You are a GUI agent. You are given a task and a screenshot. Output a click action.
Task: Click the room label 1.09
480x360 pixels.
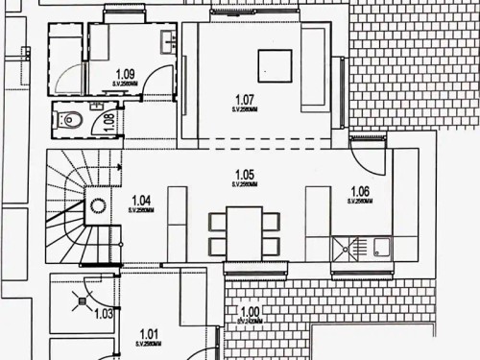[125, 73]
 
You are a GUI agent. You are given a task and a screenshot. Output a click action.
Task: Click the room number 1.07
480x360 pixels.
[245, 98]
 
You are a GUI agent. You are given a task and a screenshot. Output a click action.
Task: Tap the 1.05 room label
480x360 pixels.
[245, 175]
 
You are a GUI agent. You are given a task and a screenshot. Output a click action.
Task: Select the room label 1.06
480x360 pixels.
[360, 191]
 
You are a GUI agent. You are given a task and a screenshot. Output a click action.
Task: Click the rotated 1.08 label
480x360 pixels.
[108, 122]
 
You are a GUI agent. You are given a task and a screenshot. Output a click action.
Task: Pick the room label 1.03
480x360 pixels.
[104, 313]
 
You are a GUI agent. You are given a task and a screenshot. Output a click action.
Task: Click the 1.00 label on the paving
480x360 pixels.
[250, 312]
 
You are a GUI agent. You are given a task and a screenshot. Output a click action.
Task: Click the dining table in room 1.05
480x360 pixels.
[245, 230]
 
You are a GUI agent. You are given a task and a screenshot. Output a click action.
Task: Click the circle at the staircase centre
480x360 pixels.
[97, 204]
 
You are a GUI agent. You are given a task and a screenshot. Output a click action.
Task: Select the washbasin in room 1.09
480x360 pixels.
[169, 40]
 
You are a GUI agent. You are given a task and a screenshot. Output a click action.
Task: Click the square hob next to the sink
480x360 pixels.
[343, 249]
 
